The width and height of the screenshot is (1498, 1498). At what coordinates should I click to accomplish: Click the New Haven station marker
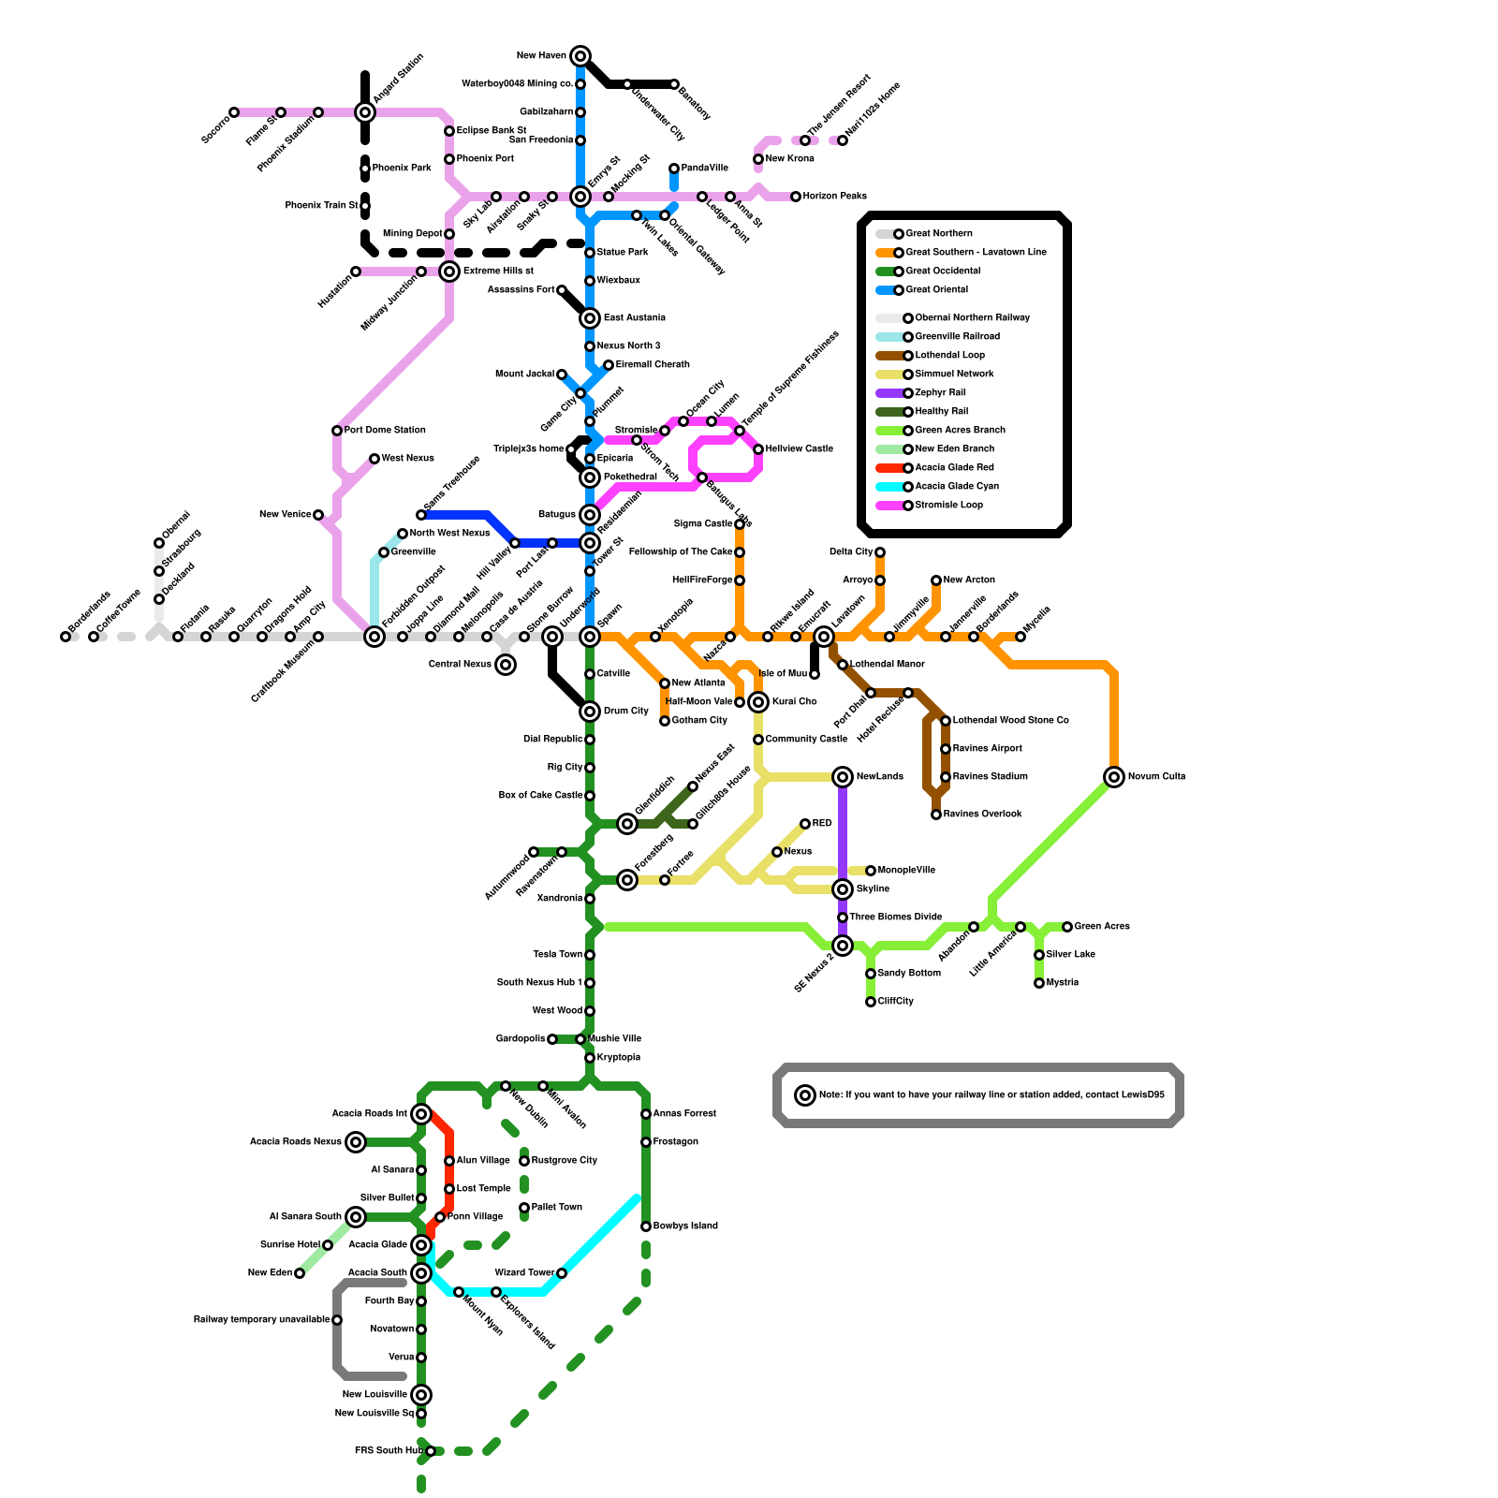pyautogui.click(x=580, y=56)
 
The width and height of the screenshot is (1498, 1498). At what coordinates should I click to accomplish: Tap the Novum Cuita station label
pyautogui.click(x=1156, y=777)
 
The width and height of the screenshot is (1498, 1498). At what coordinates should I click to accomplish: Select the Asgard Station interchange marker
pyautogui.click(x=365, y=112)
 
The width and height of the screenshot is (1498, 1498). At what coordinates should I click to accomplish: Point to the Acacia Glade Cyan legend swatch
pyautogui.click(x=889, y=487)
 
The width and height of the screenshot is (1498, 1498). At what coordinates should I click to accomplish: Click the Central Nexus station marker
pyautogui.click(x=506, y=665)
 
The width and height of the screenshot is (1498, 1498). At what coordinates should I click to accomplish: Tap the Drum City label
pyautogui.click(x=625, y=712)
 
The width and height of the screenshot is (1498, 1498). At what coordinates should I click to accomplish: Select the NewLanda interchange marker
pyautogui.click(x=843, y=777)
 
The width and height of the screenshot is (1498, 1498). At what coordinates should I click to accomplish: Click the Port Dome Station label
pyautogui.click(x=385, y=431)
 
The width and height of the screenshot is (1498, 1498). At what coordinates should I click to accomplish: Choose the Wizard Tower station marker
pyautogui.click(x=562, y=1273)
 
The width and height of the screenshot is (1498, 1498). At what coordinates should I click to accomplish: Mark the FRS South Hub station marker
pyautogui.click(x=431, y=1451)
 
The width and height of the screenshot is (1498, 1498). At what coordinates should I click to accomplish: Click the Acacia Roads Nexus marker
pyautogui.click(x=356, y=1142)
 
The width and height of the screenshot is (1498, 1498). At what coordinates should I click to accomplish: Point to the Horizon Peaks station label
pyautogui.click(x=834, y=197)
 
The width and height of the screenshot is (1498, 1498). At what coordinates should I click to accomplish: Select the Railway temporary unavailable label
pyautogui.click(x=261, y=1320)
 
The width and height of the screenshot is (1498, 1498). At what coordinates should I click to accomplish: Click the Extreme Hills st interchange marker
pyautogui.click(x=449, y=272)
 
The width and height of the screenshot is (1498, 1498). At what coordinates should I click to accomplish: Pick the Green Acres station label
pyautogui.click(x=1102, y=927)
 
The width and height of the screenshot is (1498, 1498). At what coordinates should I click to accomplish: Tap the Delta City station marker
pyautogui.click(x=880, y=552)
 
